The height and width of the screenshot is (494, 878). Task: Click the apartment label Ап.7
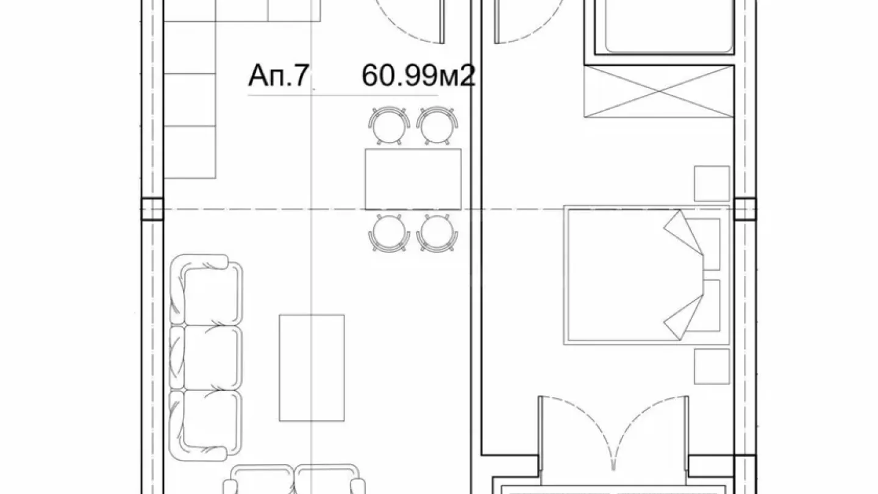[x=276, y=78]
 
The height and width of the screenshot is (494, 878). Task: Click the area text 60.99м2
[x=418, y=77]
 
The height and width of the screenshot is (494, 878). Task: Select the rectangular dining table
[x=413, y=179]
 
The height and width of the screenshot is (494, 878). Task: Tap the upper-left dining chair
[x=388, y=125]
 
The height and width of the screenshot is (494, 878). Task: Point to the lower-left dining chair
[x=388, y=233]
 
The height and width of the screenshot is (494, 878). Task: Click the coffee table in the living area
[x=312, y=368]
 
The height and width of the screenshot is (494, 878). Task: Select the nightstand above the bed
[x=712, y=184]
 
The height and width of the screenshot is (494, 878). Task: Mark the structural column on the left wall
[x=152, y=209]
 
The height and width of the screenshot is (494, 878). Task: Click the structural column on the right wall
[x=744, y=209]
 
